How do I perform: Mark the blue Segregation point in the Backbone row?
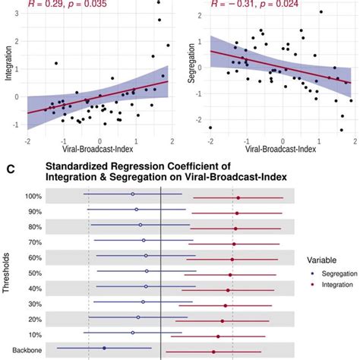point(104,348)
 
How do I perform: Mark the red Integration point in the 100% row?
point(238,198)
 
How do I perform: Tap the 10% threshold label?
point(35,334)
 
